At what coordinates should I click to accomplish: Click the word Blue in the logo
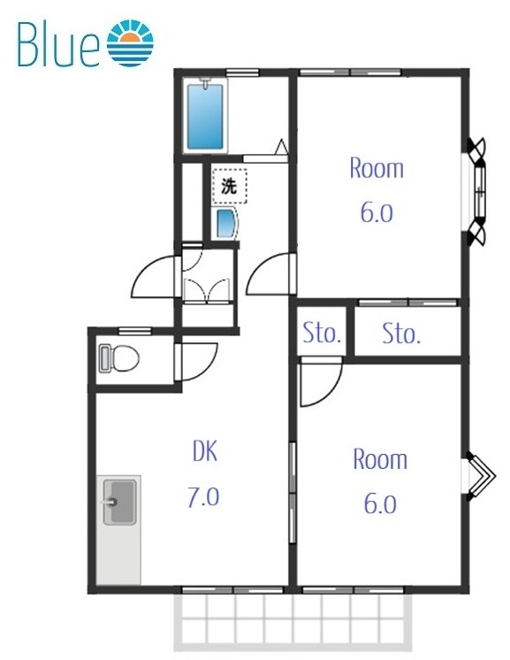58,44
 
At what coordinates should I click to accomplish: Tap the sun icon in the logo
130,42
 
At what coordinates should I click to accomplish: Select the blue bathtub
205,117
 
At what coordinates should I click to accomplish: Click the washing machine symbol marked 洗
229,186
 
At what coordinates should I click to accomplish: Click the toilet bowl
119,358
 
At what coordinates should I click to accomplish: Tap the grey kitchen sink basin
120,502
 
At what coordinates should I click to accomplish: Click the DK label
205,451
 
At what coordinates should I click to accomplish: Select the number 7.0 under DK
203,496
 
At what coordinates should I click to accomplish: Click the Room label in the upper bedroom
377,168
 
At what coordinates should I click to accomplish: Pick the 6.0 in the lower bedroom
380,504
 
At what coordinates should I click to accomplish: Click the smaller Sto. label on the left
322,333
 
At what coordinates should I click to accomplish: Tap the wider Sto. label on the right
401,334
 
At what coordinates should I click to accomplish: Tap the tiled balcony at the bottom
292,624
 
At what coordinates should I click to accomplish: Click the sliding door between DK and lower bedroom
293,493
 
